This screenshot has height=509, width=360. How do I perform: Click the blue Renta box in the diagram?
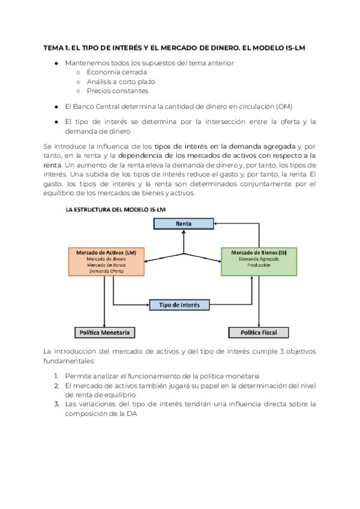[183, 223]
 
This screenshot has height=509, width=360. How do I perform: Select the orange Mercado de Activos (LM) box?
[106, 261]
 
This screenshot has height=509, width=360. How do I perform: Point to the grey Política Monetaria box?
[105, 332]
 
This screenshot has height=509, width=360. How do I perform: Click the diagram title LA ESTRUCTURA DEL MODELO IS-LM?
[115, 208]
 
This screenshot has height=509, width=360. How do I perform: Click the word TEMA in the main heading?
[53, 47]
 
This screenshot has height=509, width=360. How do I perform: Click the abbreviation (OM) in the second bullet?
[284, 106]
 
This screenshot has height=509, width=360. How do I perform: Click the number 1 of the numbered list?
[56, 375]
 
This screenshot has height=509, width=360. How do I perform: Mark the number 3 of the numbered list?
[56, 404]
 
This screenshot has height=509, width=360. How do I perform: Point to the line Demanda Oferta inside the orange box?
[106, 271]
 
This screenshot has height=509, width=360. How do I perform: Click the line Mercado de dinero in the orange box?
[106, 259]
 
